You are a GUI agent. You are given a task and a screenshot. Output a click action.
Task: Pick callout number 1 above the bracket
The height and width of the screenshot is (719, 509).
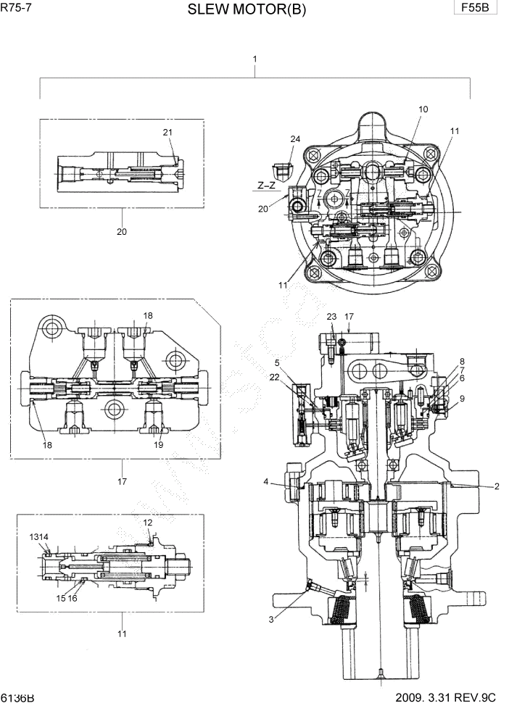tap(255, 58)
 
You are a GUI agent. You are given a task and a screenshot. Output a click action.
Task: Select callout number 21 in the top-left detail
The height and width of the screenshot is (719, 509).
tap(167, 132)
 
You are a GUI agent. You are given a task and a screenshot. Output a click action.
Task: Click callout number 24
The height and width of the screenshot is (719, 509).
tap(295, 138)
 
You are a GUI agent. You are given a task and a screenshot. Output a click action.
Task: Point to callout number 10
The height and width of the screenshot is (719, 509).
tap(423, 109)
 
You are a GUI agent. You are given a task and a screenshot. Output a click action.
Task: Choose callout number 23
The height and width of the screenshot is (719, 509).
tap(331, 316)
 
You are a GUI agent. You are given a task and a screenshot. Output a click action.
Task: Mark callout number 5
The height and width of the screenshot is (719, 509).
tap(276, 362)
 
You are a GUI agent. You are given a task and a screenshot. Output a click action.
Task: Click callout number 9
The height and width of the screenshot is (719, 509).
tap(461, 398)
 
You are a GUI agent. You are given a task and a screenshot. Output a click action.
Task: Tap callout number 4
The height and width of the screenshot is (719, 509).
tap(267, 481)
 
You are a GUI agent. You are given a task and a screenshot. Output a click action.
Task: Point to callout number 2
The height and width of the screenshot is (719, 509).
tap(497, 487)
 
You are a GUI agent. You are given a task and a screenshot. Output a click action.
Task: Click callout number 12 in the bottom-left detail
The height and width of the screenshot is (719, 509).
tap(147, 522)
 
